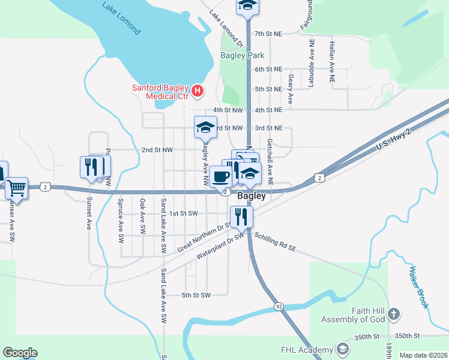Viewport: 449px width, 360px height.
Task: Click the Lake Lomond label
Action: tap(121, 18)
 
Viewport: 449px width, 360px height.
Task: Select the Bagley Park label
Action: tap(243, 55)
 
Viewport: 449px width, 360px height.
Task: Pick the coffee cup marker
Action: tap(221, 177)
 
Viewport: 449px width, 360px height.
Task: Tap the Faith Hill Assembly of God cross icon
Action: tap(393, 313)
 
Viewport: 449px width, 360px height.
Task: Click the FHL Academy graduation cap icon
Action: tap(342, 349)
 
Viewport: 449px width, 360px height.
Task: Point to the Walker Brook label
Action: tap(420, 287)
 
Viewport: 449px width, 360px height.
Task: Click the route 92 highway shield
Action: tap(279, 306)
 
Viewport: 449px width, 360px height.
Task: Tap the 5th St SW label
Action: tap(196, 295)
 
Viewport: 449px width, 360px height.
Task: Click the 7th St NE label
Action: tap(268, 34)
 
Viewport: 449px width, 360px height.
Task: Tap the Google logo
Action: tap(20, 353)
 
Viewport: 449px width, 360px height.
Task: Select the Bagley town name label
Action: tap(252, 196)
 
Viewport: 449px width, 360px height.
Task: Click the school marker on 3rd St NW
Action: tap(205, 127)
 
